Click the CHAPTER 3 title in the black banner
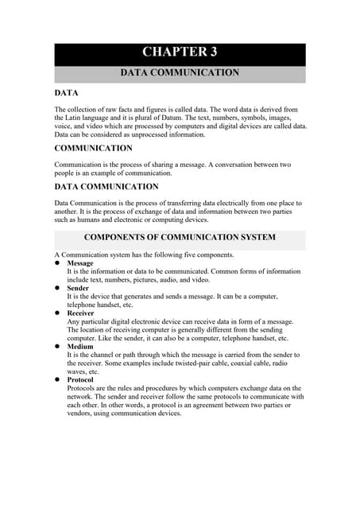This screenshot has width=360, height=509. pos(180,52)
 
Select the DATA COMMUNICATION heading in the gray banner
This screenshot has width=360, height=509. pos(180,73)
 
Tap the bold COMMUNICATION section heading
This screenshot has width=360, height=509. pos(93,148)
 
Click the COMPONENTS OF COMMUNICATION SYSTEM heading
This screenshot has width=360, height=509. pos(180,238)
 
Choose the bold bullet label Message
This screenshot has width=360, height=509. pos(80,263)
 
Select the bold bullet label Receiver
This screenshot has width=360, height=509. pos(81,313)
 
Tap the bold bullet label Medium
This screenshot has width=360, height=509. pos(80,347)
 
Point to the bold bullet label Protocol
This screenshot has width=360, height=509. pos(81,379)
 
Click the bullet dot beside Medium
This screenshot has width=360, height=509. pos(57,347)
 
